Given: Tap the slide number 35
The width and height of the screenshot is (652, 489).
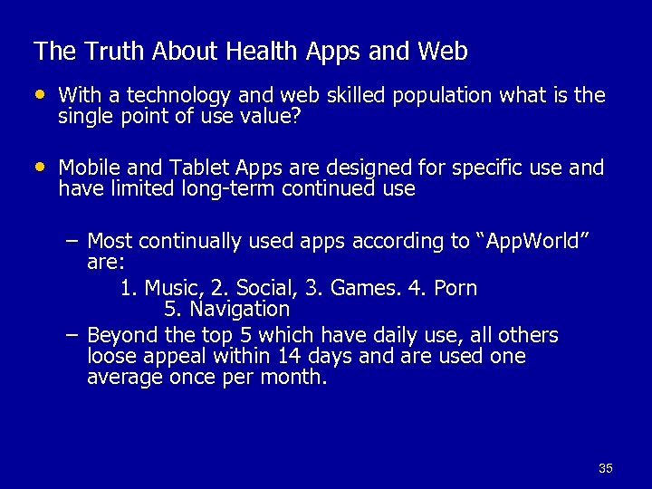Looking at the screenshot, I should (x=606, y=468).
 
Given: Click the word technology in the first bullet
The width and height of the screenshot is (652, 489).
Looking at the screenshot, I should (x=177, y=96).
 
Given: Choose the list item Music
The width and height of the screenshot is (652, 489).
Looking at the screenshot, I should (x=174, y=288).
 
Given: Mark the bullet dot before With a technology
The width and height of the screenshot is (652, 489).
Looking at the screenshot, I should (x=39, y=95).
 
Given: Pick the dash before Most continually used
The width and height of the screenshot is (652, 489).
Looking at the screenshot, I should (x=72, y=242).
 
